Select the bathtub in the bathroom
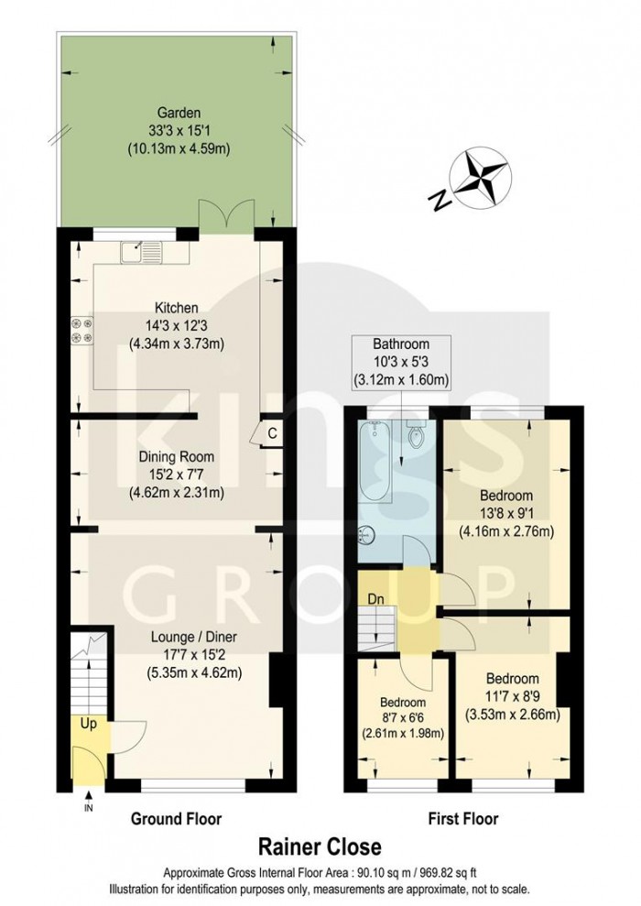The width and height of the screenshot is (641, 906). [373, 464]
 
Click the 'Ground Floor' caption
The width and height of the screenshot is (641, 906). [176, 818]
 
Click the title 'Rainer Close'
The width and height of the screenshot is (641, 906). [320, 847]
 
